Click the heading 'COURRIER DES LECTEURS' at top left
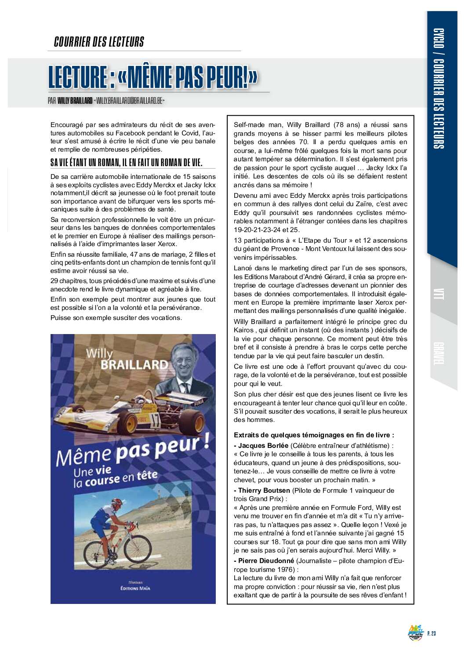99,42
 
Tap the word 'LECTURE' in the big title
78,77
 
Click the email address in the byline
129,101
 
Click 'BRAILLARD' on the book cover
134,365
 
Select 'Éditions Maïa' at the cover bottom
135,588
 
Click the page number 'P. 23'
431,633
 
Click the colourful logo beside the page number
415,633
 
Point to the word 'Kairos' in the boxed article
243,330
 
